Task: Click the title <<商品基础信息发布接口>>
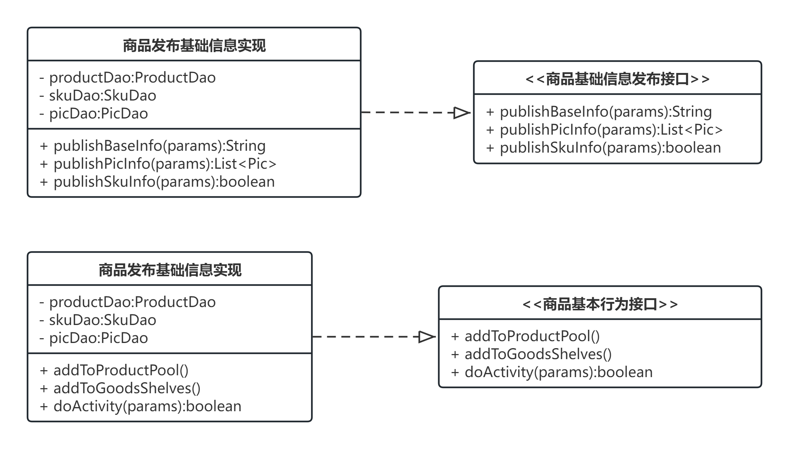tap(617, 79)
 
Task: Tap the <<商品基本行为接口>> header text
tap(600, 304)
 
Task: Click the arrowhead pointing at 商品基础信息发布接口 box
tap(462, 112)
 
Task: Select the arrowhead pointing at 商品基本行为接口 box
tap(427, 336)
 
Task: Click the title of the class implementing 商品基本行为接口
tap(170, 270)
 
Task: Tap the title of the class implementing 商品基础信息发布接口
tap(194, 45)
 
